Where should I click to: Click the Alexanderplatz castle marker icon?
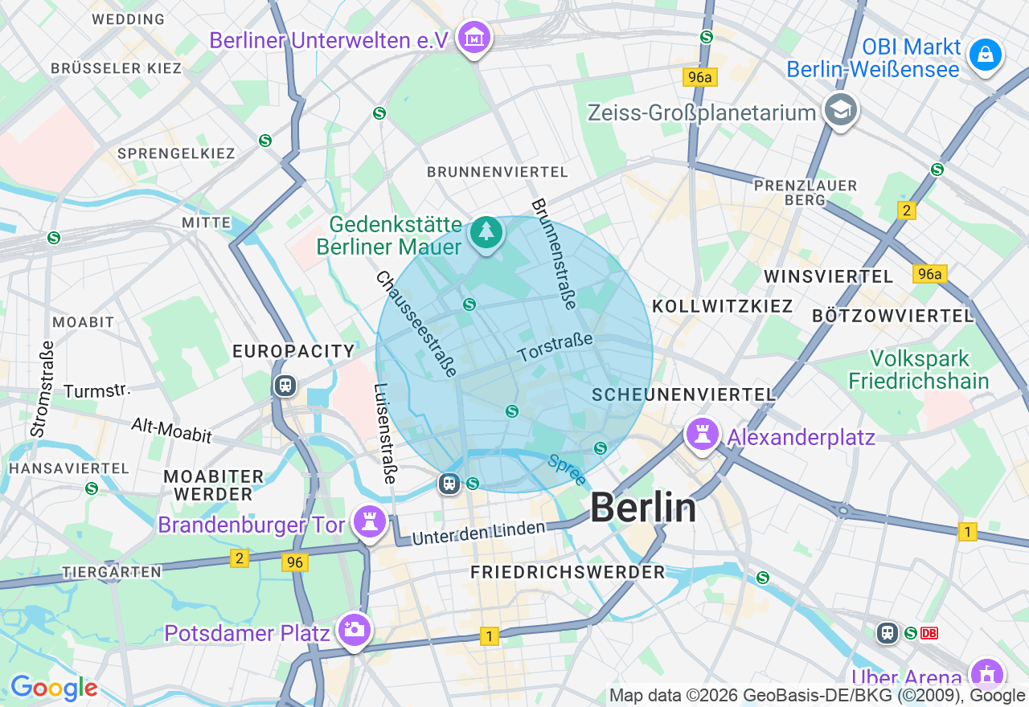[702, 435]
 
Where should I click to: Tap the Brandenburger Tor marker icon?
[370, 522]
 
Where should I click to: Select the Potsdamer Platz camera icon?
[354, 630]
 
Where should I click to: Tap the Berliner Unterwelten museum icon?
[474, 38]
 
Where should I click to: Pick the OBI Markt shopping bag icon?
[985, 55]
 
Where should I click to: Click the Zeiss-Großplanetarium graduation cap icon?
[841, 111]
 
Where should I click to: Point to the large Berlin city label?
[643, 508]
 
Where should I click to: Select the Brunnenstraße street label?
[554, 253]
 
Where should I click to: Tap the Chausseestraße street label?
[416, 323]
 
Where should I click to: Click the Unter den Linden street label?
[478, 532]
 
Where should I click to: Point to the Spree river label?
[567, 470]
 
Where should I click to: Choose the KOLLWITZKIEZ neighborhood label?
[722, 306]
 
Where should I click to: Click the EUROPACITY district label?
[293, 351]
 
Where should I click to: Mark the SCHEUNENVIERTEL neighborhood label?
[683, 394]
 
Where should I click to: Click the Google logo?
[54, 688]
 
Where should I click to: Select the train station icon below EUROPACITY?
[285, 386]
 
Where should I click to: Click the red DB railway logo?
[929, 633]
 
